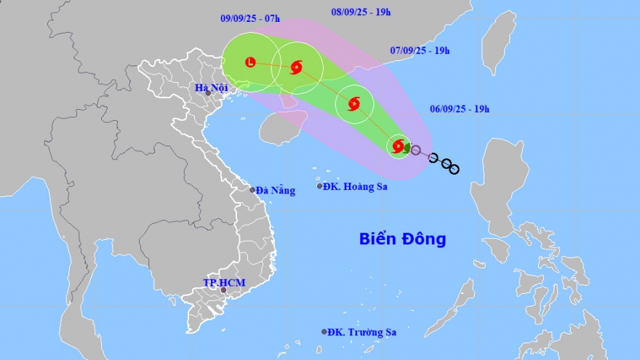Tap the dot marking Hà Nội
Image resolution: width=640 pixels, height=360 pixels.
click(208, 93)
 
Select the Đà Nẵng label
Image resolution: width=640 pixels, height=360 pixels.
click(276, 191)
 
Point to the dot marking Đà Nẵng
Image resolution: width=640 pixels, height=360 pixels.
click(252, 190)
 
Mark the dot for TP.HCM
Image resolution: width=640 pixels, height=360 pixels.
click(223, 290)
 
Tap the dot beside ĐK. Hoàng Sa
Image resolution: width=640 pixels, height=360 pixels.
click(319, 186)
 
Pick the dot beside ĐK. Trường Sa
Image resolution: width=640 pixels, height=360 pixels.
click(324, 332)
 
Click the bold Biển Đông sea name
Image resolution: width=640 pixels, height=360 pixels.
click(402, 239)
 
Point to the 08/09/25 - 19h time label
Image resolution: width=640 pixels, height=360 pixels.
click(361, 12)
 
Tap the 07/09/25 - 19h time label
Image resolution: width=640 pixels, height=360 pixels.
click(420, 50)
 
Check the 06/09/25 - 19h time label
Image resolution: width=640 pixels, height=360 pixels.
click(460, 109)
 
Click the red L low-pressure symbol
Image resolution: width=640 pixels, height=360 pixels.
click(251, 63)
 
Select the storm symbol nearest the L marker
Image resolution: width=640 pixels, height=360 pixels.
click(296, 68)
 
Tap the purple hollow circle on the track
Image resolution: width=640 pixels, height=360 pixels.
click(415, 151)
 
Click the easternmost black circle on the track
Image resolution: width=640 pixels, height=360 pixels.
click(454, 169)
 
